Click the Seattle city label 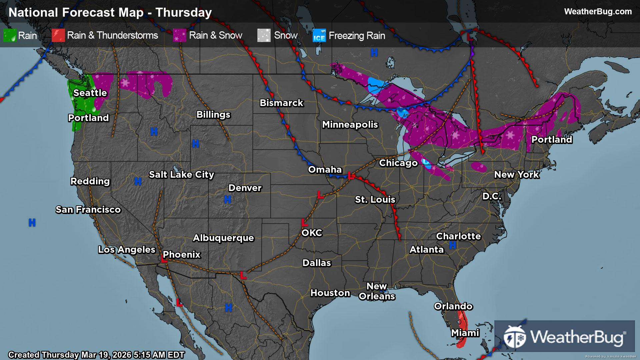pyautogui.click(x=90, y=93)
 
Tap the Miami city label pyautogui.click(x=465, y=333)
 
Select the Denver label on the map pyautogui.click(x=245, y=188)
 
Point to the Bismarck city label pyautogui.click(x=281, y=103)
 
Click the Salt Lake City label pyautogui.click(x=181, y=175)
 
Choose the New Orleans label pyautogui.click(x=377, y=291)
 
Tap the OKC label pyautogui.click(x=312, y=233)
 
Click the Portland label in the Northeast pyautogui.click(x=552, y=140)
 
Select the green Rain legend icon pyautogui.click(x=10, y=35)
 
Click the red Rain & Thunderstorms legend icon pyautogui.click(x=58, y=35)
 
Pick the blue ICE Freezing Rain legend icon pyautogui.click(x=319, y=36)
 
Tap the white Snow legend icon pyautogui.click(x=264, y=35)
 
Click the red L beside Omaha pyautogui.click(x=350, y=175)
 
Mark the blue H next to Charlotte pyautogui.click(x=452, y=245)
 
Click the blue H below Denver pyautogui.click(x=228, y=200)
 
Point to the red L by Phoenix pyautogui.click(x=164, y=259)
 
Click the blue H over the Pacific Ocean pyautogui.click(x=32, y=223)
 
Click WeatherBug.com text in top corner pyautogui.click(x=598, y=12)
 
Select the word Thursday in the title pyautogui.click(x=184, y=13)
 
